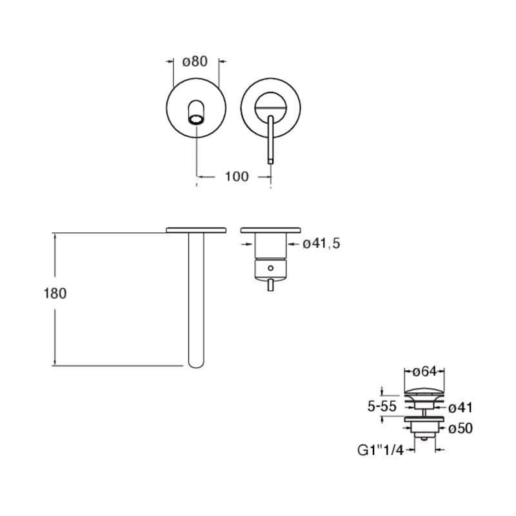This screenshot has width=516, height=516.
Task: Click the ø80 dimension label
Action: [195, 61]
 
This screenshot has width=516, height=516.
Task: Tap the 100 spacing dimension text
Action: [237, 177]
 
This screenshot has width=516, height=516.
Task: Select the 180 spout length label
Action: [55, 293]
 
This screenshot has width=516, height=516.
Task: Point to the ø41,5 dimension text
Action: [321, 244]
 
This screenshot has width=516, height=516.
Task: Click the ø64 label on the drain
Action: [424, 372]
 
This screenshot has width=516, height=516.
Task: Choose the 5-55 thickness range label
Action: [382, 407]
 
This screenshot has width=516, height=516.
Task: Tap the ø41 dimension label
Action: [461, 408]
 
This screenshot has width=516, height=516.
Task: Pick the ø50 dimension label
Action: [461, 428]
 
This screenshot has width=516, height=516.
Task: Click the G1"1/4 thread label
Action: [381, 450]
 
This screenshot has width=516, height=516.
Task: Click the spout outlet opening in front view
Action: [196, 120]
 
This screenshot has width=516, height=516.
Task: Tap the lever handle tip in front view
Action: [270, 161]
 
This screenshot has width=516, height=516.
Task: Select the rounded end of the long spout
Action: [196, 363]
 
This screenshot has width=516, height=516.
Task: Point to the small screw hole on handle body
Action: [270, 268]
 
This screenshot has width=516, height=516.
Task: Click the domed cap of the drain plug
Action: [424, 392]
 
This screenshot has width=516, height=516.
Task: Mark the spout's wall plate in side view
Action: [196, 230]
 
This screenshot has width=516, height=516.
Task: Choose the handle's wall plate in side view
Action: [270, 230]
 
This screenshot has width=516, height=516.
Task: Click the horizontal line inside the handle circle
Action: [270, 108]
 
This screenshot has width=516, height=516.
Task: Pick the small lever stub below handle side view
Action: [270, 285]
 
